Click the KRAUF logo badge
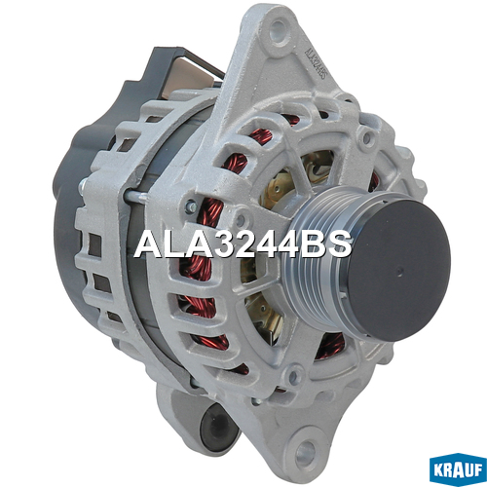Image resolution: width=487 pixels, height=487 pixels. pos(458,469)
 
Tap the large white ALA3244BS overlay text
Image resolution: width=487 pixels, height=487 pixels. pos(243,244)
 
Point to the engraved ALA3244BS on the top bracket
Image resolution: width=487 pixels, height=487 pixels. pos(316,63)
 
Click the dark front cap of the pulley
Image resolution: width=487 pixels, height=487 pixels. pos(397,270)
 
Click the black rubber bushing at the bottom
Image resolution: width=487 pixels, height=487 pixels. pos(217,429)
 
